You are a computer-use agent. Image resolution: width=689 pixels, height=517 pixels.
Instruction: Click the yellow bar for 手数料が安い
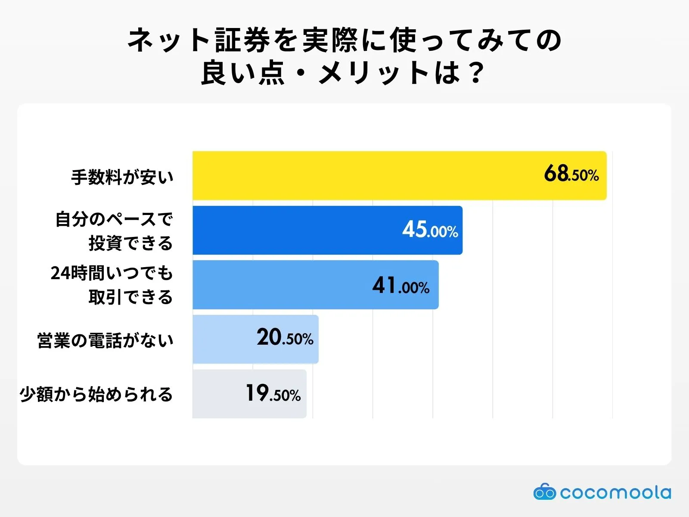[366, 175]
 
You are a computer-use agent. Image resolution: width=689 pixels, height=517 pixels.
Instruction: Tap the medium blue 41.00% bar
[280, 285]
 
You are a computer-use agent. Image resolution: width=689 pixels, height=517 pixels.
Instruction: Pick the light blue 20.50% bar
[224, 339]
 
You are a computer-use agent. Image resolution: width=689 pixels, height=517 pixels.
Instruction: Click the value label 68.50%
[571, 174]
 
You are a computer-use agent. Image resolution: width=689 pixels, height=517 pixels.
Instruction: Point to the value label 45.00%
[430, 230]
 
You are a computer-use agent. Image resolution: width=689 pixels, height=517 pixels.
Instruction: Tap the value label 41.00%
[400, 286]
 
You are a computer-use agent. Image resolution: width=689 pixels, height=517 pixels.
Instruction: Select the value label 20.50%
[285, 338]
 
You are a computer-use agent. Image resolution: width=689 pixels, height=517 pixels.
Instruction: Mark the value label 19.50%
[273, 393]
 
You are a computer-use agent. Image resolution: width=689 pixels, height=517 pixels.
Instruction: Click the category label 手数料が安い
[122, 177]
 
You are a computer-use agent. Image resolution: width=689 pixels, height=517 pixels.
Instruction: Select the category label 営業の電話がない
[106, 340]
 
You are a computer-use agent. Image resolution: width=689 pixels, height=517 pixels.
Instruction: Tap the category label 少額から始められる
[96, 394]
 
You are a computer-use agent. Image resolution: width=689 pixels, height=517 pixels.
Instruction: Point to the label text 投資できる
[130, 243]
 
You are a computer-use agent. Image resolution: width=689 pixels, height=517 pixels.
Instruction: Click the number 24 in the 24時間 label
[60, 273]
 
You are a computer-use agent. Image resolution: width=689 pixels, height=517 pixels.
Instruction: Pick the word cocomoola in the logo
[615, 492]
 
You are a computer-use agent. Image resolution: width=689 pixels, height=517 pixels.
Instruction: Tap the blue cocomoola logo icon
[544, 492]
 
